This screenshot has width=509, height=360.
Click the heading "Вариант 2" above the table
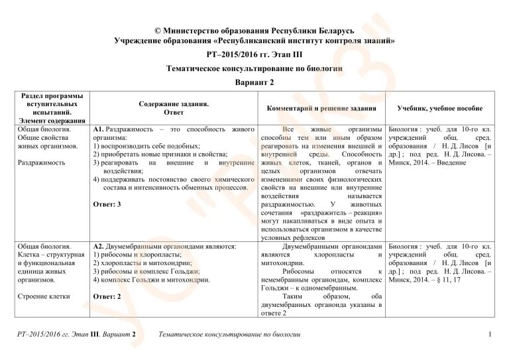click(254, 82)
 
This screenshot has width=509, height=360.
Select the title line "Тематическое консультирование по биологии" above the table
click(254, 68)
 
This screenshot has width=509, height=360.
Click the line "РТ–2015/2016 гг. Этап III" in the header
click(254, 54)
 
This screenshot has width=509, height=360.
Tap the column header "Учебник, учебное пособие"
click(440, 108)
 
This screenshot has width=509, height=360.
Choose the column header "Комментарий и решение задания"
click(321, 108)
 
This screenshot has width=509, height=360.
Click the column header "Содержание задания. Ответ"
click(174, 108)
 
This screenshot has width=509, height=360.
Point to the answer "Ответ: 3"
click(107, 204)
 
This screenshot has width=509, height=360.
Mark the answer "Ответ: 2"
click(107, 296)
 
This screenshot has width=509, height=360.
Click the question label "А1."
click(98, 128)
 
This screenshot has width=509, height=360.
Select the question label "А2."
click(98, 246)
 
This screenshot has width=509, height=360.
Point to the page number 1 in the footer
click(489, 333)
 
